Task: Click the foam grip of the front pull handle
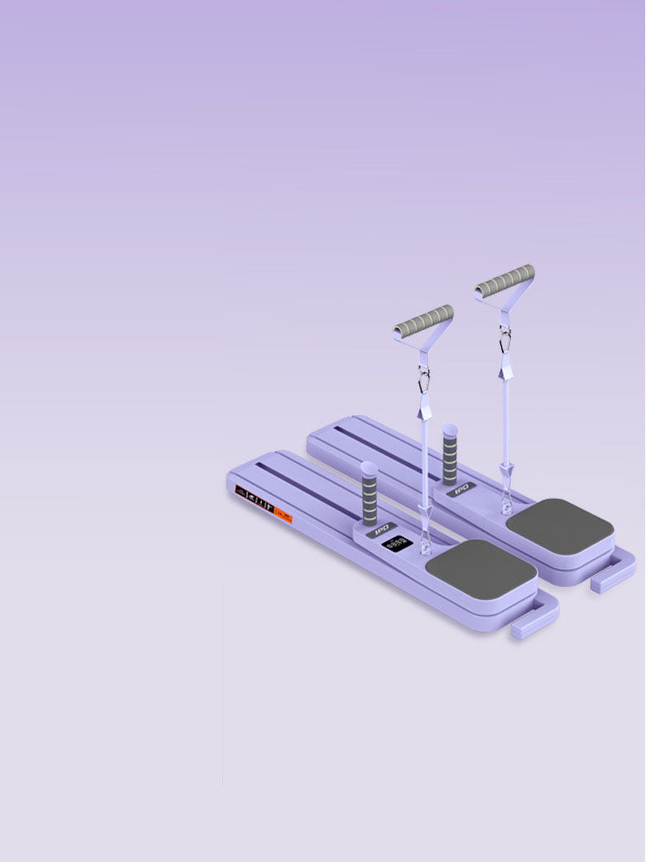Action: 424,321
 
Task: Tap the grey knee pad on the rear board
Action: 559,523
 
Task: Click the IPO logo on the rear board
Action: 460,489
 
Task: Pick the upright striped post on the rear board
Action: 449,453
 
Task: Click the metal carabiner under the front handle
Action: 423,379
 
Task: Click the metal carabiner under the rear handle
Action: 504,340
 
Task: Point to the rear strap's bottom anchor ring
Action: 506,497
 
